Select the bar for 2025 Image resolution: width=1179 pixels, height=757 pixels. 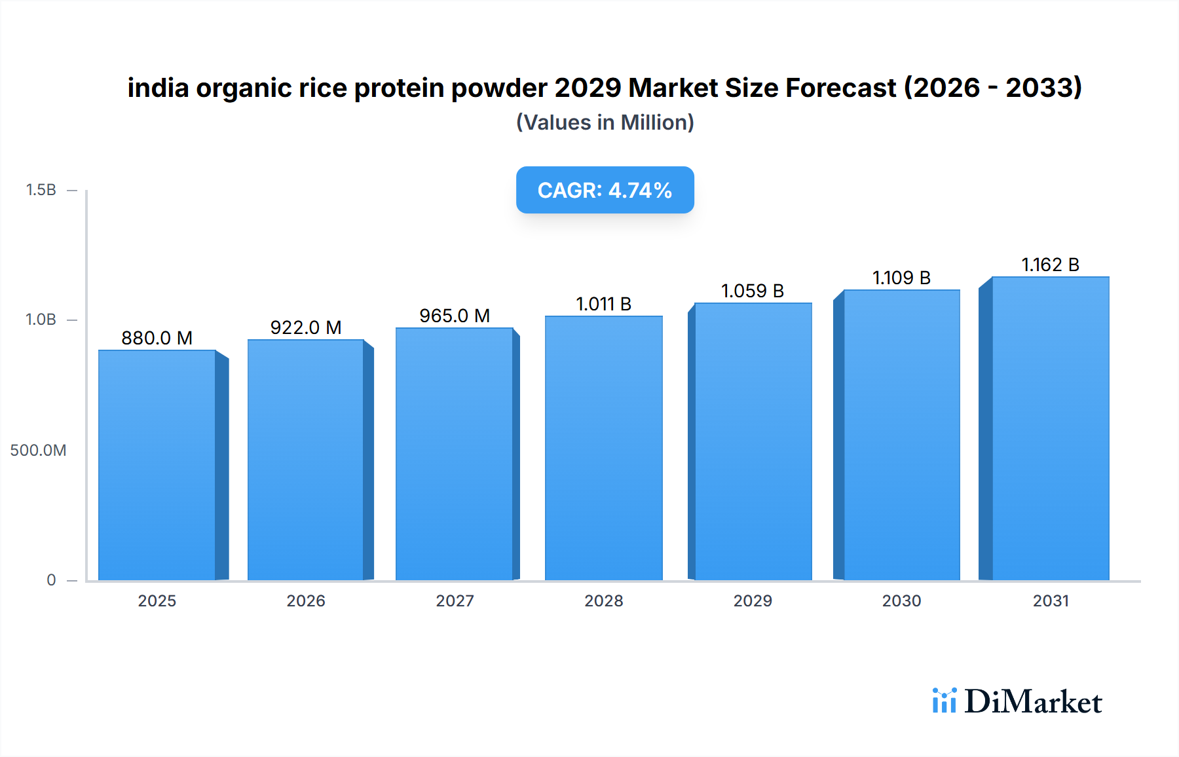pos(157,465)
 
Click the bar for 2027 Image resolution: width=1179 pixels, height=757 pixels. pos(455,454)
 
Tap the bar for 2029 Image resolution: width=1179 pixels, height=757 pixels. pos(753,441)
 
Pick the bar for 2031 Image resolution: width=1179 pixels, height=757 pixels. pos(1051,428)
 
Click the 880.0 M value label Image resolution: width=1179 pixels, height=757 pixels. pos(157,338)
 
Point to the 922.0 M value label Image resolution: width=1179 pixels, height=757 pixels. pos(306,327)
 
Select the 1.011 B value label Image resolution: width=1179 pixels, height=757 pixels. pos(603,304)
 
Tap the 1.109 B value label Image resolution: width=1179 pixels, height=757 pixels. pos(901,278)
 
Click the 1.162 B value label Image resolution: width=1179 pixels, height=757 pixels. pos(1051,265)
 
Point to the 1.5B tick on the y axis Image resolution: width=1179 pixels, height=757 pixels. pos(41,190)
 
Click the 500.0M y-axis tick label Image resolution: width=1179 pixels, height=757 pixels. pos(38,451)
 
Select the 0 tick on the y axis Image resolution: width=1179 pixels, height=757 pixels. pos(51,580)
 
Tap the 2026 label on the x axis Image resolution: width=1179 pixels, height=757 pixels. pos(306,601)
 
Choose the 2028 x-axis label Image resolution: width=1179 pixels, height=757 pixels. pos(603,601)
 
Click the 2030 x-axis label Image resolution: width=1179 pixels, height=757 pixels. pos(901,601)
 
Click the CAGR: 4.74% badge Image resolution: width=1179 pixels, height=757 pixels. pos(605,190)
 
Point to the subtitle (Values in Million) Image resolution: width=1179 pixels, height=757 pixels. pos(605,122)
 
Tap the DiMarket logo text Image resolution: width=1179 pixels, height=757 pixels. pos(1033,702)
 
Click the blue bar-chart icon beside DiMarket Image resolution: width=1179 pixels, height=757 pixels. pos(944,701)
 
